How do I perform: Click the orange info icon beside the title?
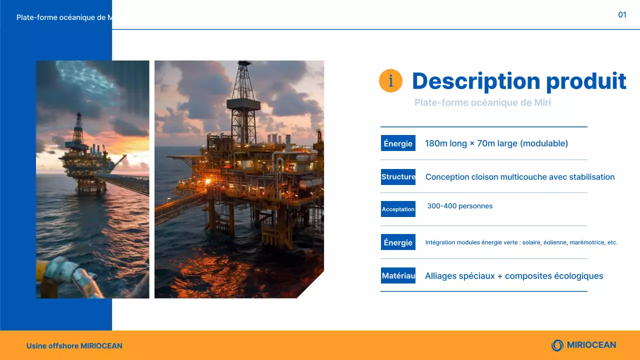[x=390, y=81]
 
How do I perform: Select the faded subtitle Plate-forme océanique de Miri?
[x=482, y=102]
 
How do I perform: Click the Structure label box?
[x=398, y=177]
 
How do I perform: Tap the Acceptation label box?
[x=398, y=209]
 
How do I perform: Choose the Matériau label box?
[x=398, y=275]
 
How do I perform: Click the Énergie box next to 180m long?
[x=398, y=143]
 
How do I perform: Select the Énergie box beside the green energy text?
[x=398, y=242]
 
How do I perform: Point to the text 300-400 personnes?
[x=459, y=206]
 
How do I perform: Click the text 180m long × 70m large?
[x=496, y=143]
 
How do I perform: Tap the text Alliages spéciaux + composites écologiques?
[x=514, y=276]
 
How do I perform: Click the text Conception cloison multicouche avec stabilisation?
[x=519, y=177]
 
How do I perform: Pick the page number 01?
[x=622, y=15]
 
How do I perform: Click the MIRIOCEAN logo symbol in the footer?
[x=557, y=345]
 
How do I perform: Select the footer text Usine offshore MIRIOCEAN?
[x=74, y=346]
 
